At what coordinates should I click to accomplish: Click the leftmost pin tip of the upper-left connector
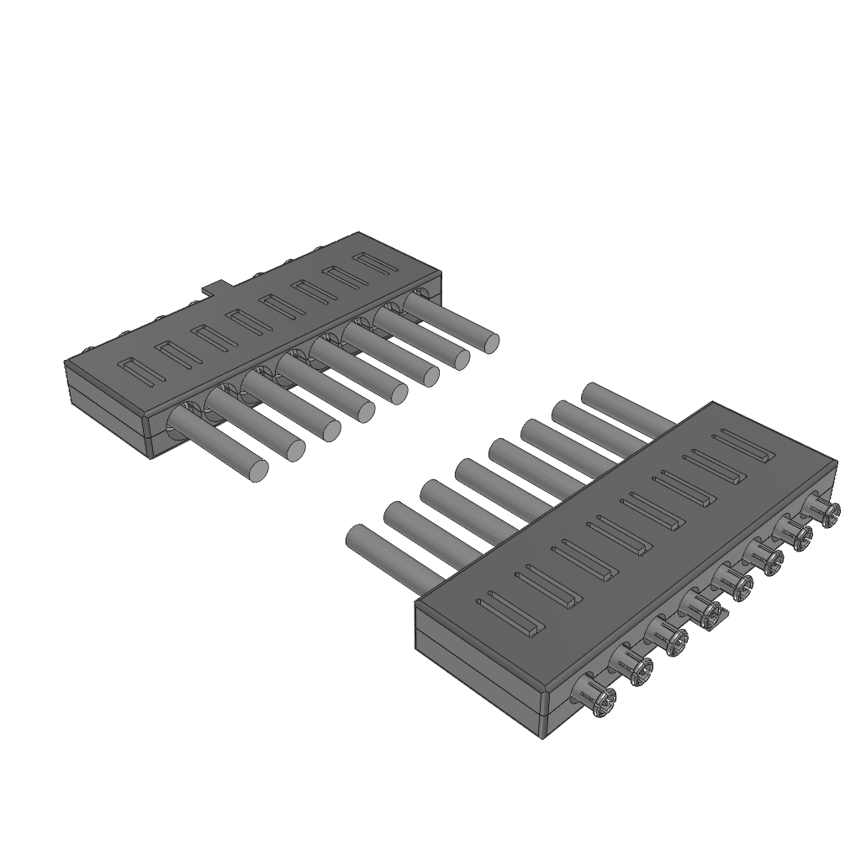pos(257,471)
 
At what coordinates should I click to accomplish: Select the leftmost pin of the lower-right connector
pos(357,537)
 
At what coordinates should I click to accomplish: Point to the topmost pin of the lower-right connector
pos(594,394)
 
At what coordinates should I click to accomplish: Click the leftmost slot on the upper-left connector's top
pos(139,372)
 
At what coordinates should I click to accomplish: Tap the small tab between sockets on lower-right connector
pos(713,620)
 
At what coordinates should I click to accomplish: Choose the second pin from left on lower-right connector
pos(395,515)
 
